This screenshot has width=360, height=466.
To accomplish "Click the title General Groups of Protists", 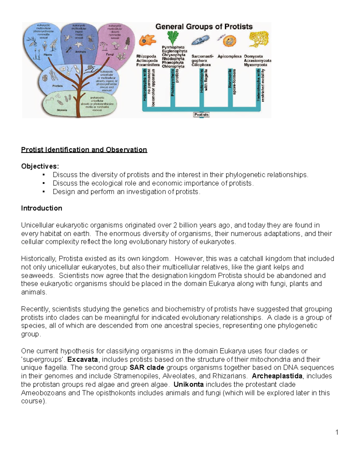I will [x=204, y=27].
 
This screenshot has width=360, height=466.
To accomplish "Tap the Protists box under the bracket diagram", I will [x=201, y=115].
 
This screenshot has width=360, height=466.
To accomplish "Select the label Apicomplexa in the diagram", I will [x=229, y=56].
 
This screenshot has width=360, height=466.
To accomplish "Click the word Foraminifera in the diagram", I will [x=148, y=65].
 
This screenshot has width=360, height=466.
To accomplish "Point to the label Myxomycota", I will [x=256, y=65].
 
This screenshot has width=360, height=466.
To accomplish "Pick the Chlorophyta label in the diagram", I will [x=173, y=67].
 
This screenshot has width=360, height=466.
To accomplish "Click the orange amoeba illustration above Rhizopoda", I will [x=147, y=40].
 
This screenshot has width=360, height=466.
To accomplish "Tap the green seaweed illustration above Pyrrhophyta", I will [x=173, y=38].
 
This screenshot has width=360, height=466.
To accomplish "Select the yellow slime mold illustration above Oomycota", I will [x=259, y=40].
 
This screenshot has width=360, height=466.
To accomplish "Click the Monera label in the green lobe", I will [x=62, y=110].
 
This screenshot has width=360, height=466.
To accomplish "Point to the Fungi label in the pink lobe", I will [x=110, y=55].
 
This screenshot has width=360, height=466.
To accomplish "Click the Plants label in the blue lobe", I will [x=48, y=55].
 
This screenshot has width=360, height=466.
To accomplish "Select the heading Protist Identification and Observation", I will [x=84, y=150].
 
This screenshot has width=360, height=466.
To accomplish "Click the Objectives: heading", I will [x=40, y=166].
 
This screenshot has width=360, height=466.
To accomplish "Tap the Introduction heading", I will [x=41, y=208].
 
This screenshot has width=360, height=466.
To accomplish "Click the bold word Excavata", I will [x=82, y=359].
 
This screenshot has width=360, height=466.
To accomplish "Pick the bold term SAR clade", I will [x=147, y=368].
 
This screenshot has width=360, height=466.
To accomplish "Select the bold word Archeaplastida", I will [x=277, y=376].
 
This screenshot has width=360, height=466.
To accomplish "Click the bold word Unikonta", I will [x=189, y=384].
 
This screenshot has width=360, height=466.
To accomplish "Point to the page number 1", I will [x=337, y=432].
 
